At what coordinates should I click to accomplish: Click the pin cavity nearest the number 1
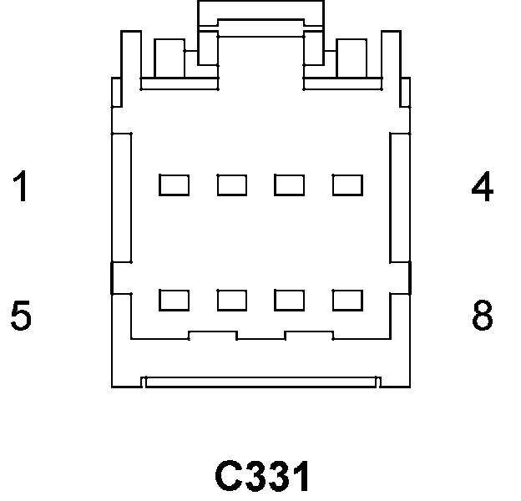[x=174, y=185]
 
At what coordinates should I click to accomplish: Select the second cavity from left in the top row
[x=231, y=185]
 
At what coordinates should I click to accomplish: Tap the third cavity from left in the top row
[x=289, y=185]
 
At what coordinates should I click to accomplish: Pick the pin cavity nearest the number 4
[x=346, y=185]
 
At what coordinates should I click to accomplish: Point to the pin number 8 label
[x=483, y=316]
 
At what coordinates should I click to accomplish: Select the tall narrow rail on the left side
[x=122, y=196]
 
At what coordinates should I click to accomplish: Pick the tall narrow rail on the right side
[x=401, y=196]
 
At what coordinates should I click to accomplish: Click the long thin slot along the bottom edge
[x=260, y=382]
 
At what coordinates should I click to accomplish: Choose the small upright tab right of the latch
[x=351, y=58]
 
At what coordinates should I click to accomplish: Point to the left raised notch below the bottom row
[x=213, y=335]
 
